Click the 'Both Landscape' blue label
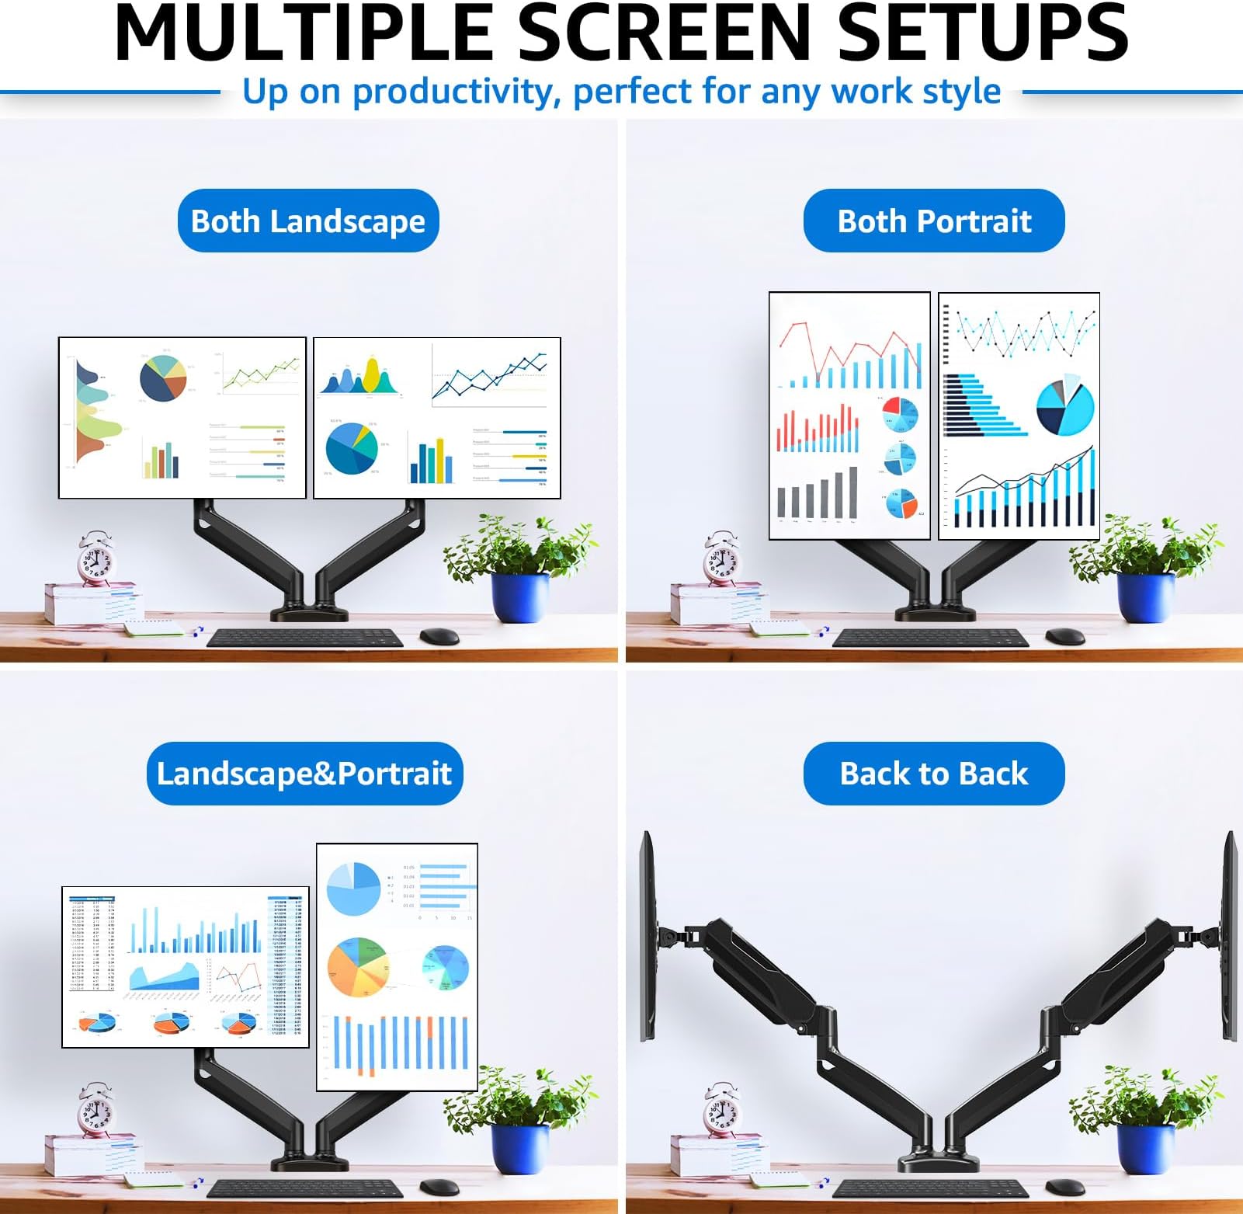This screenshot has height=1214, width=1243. pos(308,221)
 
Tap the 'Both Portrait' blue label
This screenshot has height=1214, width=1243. pos(934,221)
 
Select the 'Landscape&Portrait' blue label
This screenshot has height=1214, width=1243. pos(304,774)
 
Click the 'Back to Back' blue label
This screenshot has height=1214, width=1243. pos(934,774)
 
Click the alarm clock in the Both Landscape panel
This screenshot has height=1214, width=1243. pos(97,558)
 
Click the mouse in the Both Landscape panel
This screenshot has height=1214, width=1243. pos(439,636)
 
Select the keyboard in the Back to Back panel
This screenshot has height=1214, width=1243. pos(930,1188)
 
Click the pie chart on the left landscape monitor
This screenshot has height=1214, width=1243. pos(163,378)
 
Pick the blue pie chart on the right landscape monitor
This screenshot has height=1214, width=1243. pos(352,449)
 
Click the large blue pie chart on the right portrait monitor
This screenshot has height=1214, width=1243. pos(1064,407)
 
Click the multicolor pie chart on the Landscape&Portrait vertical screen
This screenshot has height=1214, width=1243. pos(358,968)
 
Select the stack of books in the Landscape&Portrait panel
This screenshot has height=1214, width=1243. pos(92,1154)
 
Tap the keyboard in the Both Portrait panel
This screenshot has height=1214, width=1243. pos(930,638)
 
